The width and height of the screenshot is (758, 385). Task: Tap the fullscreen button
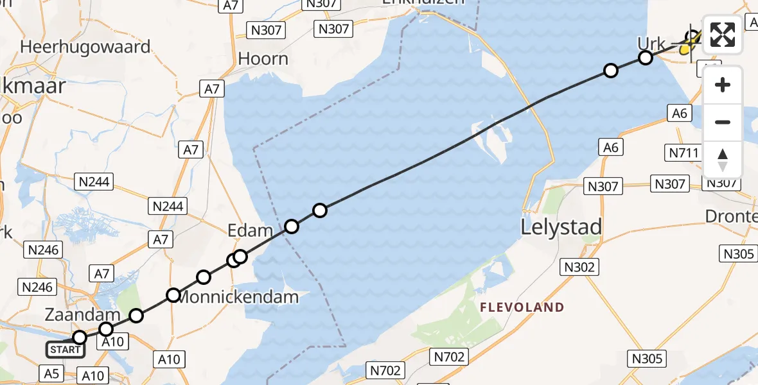[723, 35]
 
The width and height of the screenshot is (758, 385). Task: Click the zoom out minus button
[723, 122]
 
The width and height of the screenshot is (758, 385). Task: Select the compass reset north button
[723, 160]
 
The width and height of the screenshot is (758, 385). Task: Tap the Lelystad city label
[561, 227]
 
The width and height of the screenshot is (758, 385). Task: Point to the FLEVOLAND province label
[522, 307]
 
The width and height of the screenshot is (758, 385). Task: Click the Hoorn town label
[263, 59]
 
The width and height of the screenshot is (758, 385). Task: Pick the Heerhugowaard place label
[85, 47]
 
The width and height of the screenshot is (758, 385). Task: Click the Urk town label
[651, 44]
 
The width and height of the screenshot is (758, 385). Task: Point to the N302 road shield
[579, 267]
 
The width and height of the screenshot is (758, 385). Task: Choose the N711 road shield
[682, 153]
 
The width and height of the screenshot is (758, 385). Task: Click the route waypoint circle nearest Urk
[646, 58]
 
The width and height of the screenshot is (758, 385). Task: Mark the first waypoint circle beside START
[80, 338]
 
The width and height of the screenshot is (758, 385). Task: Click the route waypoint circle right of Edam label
[292, 226]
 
